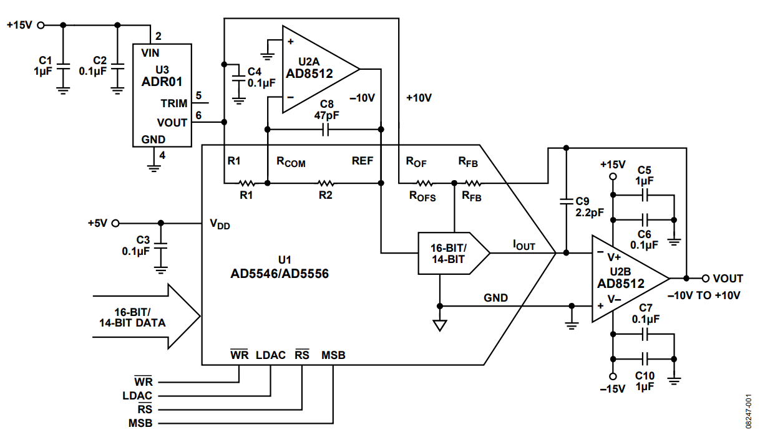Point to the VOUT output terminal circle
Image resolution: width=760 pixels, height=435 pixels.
(706, 278)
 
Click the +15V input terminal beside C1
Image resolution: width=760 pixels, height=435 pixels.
(41, 25)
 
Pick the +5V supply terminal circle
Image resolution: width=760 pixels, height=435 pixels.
(115, 223)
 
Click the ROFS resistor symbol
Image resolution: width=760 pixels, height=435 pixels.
(424, 183)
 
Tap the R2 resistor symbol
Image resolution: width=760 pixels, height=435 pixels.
(325, 183)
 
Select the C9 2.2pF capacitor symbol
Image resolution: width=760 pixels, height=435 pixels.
(566, 201)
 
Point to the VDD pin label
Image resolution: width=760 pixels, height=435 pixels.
(220, 224)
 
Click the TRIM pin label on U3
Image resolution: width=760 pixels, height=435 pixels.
(173, 103)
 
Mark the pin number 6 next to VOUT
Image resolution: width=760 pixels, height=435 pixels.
(198, 115)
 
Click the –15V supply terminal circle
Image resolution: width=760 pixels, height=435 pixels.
(613, 376)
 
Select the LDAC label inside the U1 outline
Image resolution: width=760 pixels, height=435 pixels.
(270, 355)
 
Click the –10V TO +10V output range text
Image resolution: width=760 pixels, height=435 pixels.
(704, 295)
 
